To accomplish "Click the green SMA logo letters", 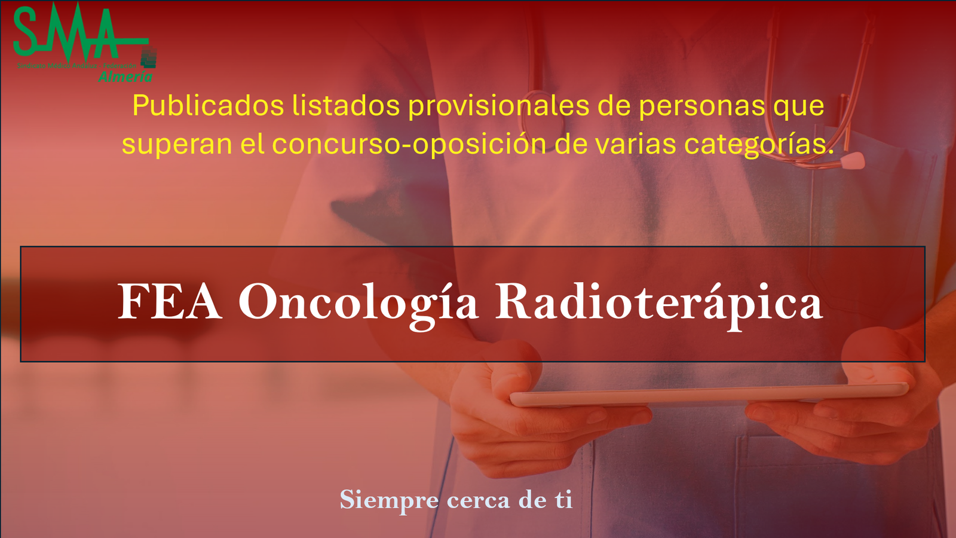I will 66,33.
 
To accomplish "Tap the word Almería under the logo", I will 125,77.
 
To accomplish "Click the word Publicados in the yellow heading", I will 207,106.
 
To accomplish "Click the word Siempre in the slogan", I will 389,500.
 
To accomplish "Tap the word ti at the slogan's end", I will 563,500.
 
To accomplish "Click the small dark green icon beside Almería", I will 149,59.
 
